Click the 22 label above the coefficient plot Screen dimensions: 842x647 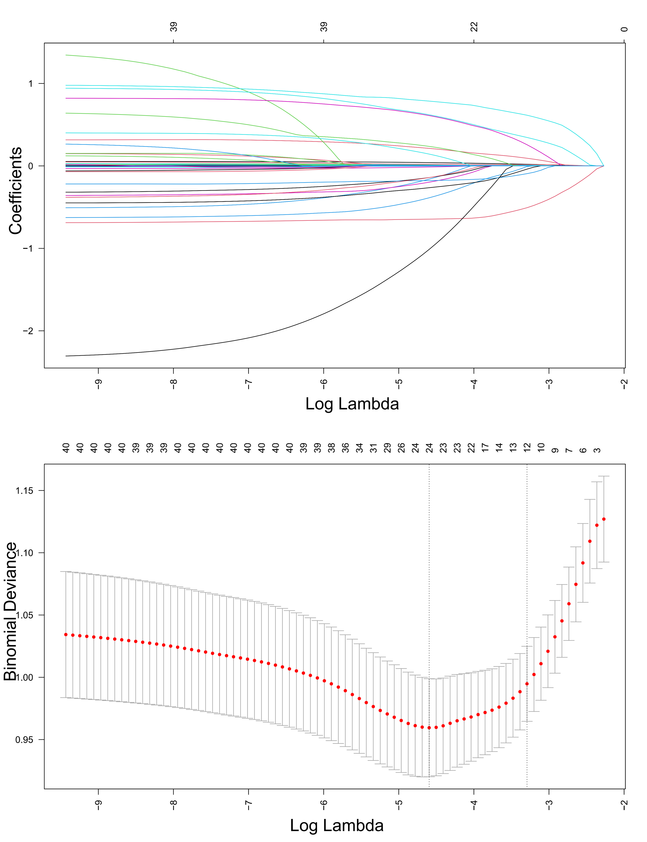click(474, 27)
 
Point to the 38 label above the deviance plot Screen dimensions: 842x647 click(331, 448)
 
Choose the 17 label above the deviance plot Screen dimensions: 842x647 click(485, 448)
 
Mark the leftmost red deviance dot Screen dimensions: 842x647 click(66, 635)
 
